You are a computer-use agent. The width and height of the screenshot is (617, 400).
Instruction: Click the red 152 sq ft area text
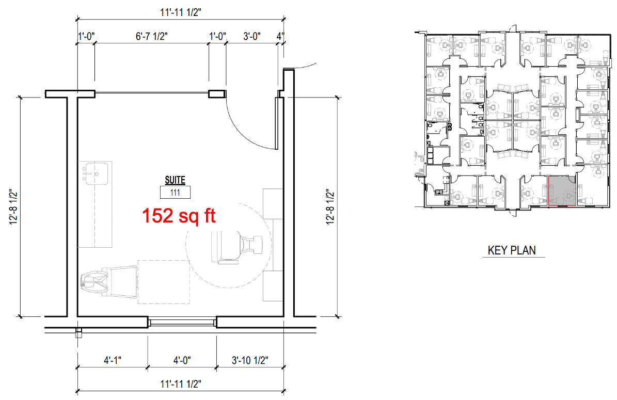(x=179, y=216)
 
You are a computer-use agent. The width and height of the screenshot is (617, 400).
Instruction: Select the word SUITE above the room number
(x=175, y=180)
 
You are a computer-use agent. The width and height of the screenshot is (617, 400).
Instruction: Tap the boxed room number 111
(x=175, y=193)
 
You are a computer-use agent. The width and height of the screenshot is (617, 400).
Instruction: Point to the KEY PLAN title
(x=512, y=250)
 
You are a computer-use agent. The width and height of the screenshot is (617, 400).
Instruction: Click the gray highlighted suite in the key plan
(x=562, y=191)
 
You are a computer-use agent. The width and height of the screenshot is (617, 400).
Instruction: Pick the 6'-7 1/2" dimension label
(x=152, y=36)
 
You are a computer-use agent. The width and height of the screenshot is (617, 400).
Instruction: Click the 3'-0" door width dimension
(x=252, y=36)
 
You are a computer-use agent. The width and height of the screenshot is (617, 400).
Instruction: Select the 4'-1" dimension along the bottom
(x=113, y=360)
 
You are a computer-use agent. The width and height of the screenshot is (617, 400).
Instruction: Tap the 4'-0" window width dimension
(x=182, y=360)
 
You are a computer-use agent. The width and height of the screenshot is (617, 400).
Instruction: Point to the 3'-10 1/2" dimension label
(x=250, y=360)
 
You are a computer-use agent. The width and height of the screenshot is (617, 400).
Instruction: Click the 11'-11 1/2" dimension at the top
(x=181, y=12)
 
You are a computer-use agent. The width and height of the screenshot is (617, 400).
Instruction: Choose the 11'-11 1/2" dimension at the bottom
(x=181, y=383)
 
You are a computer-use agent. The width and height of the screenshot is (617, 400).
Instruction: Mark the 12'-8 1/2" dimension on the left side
(x=14, y=207)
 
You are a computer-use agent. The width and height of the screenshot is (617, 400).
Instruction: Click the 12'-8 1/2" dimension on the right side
(x=330, y=207)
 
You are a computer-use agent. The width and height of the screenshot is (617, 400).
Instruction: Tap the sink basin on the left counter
(x=94, y=173)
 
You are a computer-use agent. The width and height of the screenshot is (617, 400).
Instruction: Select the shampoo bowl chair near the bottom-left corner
(x=108, y=280)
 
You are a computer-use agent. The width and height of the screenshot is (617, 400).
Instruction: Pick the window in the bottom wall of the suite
(x=182, y=323)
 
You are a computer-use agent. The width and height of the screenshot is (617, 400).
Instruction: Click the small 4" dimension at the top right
(x=280, y=36)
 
